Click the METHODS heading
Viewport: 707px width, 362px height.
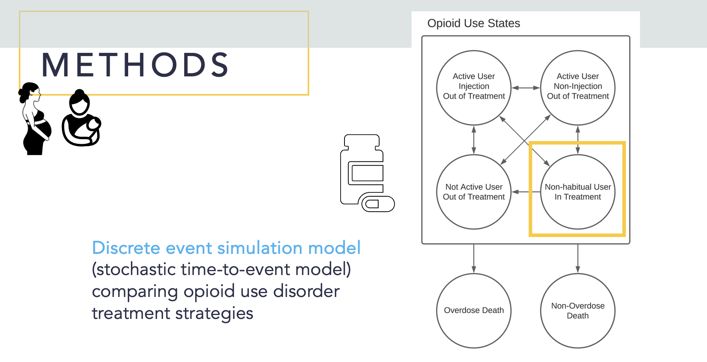point(135,65)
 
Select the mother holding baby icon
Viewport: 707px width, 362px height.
point(81,119)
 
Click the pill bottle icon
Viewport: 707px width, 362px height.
point(361,168)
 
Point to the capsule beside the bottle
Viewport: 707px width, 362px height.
point(378,204)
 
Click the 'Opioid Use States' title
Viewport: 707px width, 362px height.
point(473,24)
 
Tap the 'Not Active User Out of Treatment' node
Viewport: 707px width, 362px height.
point(474,192)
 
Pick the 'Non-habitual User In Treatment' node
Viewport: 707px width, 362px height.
point(578,192)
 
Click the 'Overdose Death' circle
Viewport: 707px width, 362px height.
point(474,310)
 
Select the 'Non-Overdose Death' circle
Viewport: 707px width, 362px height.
point(578,310)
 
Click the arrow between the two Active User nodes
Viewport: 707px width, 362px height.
point(526,88)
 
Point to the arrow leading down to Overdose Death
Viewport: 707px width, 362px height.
point(474,259)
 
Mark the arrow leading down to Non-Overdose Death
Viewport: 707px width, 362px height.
point(578,259)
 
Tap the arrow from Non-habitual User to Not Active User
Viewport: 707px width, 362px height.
point(526,192)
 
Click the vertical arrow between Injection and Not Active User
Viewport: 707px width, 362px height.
point(474,140)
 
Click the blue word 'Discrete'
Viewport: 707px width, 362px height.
point(126,248)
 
